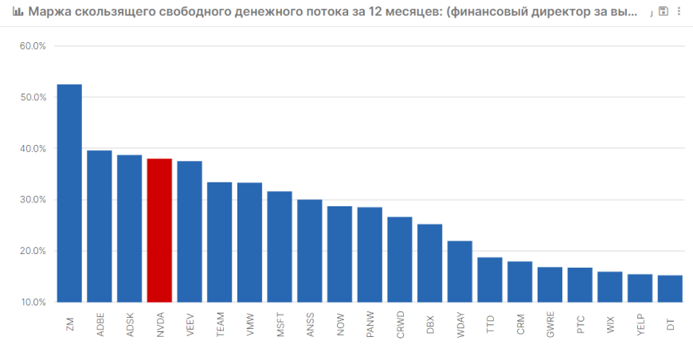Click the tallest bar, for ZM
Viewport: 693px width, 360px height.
tap(69, 193)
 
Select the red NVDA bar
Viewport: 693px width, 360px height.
tap(159, 230)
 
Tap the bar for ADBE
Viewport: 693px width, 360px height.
tap(100, 226)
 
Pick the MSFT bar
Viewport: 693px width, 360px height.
tap(280, 246)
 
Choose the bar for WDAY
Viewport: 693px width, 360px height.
tap(460, 272)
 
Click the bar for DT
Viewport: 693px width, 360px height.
tap(670, 288)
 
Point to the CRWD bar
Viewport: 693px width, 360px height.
tap(400, 260)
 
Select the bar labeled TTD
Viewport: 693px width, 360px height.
tap(490, 280)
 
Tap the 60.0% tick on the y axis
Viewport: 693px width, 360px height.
tap(33, 46)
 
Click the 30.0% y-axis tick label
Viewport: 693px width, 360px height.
tap(33, 200)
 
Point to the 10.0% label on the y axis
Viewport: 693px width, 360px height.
tap(33, 302)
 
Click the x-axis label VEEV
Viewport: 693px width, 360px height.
tap(190, 325)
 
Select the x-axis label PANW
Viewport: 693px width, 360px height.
tap(370, 324)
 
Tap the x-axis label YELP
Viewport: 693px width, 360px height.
tap(641, 325)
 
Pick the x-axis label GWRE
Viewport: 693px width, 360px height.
tap(550, 324)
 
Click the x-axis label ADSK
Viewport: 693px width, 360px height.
tap(130, 325)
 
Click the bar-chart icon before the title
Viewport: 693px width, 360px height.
tap(18, 11)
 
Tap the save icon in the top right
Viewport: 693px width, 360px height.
tap(664, 11)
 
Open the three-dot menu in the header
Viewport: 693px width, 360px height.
tap(679, 11)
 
